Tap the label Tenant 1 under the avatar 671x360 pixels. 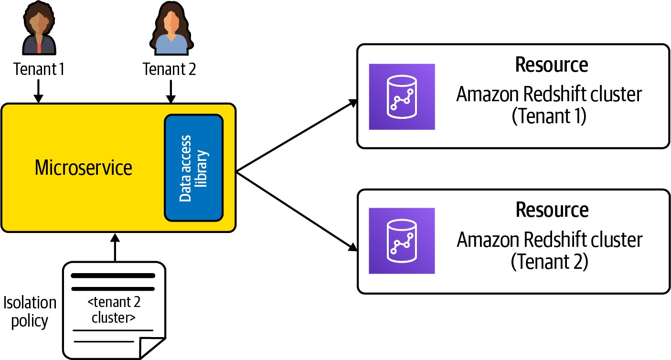(39, 70)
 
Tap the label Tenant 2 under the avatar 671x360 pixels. (169, 70)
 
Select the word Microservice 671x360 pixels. (84, 168)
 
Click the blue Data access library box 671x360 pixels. (194, 168)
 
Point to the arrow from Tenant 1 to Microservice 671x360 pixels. (39, 92)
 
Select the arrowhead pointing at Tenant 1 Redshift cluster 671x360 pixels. (354, 102)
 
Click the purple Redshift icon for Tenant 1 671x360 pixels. (402, 97)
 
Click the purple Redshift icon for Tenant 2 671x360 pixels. (402, 241)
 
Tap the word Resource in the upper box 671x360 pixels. (551, 65)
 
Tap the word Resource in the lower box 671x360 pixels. (551, 210)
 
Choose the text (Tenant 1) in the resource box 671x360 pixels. (549, 117)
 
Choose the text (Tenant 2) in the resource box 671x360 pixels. (549, 262)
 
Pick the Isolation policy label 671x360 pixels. (30, 311)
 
